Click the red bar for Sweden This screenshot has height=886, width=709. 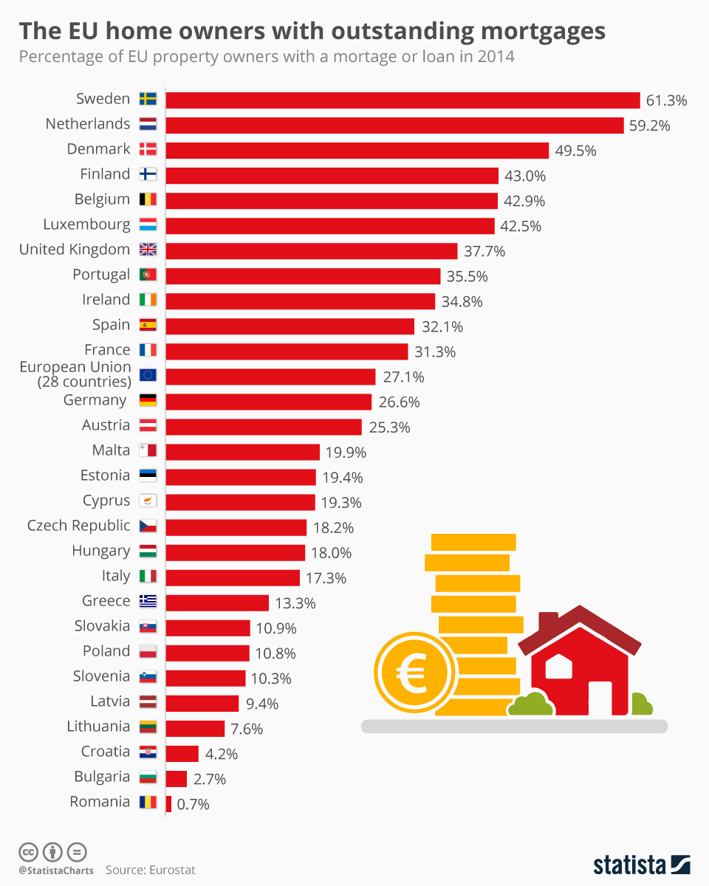tap(403, 100)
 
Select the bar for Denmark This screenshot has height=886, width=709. tap(357, 151)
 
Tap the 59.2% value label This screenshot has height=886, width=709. tap(649, 126)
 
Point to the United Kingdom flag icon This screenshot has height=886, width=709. tap(148, 250)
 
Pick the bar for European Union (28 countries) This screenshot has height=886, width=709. tap(270, 377)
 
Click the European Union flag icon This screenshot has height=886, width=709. tap(148, 375)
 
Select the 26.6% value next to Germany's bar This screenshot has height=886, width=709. tap(400, 402)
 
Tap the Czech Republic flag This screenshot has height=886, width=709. tap(148, 526)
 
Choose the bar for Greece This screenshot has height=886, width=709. tap(217, 602)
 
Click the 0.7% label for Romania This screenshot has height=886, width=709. tap(193, 804)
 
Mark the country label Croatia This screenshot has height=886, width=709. tap(106, 752)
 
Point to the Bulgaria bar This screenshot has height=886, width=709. tap(177, 778)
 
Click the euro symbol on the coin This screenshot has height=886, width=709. tap(412, 673)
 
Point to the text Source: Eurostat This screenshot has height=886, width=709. tap(150, 870)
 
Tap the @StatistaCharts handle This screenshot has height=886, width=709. tap(56, 870)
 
